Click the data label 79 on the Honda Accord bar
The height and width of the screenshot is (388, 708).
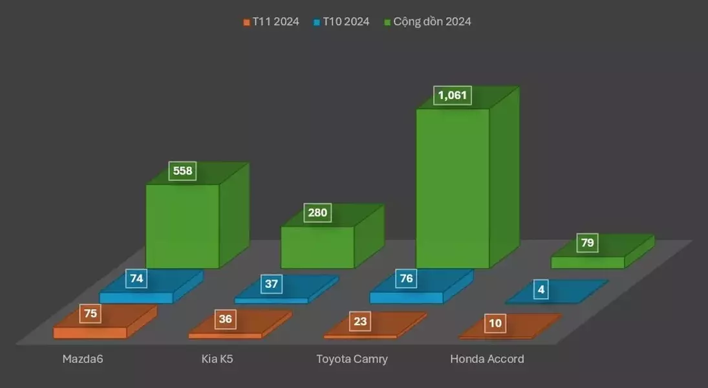tap(588, 243)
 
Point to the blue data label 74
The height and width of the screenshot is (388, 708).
tap(136, 279)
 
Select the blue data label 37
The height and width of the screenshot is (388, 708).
tap(271, 283)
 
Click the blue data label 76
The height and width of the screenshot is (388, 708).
tap(406, 279)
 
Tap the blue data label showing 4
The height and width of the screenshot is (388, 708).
tap(541, 290)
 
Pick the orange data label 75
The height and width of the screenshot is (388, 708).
tap(90, 313)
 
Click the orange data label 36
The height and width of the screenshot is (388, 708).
tap(225, 319)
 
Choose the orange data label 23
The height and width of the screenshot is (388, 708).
tap(360, 321)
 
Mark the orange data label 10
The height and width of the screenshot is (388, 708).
tap(495, 323)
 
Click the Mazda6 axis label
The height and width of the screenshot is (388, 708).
tap(83, 359)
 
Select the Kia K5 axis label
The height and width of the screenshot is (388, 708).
tap(217, 359)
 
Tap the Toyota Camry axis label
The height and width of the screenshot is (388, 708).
tap(352, 359)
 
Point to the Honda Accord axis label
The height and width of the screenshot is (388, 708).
tap(487, 359)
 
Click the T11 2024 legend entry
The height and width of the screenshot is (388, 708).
tap(272, 21)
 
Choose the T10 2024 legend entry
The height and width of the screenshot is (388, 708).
tap(341, 21)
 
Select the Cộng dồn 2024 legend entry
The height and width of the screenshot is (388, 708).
tap(428, 21)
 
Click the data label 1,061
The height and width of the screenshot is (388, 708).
tap(453, 96)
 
